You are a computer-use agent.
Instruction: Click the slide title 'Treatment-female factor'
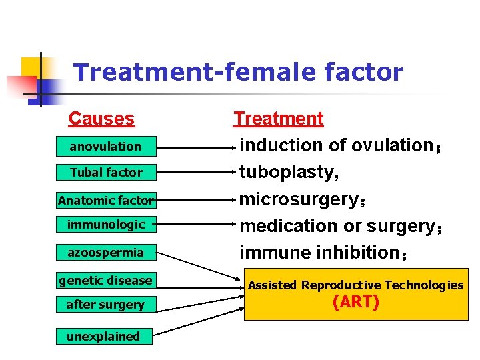[x=238, y=72]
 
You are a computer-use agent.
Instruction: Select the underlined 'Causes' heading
[x=101, y=119]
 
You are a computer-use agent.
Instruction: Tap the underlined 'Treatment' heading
[x=278, y=119]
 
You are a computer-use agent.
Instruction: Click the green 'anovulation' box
[x=106, y=146]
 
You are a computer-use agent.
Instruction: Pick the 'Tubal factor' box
[x=106, y=172]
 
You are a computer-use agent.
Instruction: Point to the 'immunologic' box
[x=106, y=225]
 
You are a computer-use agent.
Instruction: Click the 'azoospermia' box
[x=106, y=253]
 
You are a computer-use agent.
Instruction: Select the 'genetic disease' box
[x=106, y=280]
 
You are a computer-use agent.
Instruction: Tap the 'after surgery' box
[x=106, y=305]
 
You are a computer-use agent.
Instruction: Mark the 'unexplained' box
[x=103, y=336]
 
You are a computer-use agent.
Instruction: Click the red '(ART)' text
[x=356, y=303]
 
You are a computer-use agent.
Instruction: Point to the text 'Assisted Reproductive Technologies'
[x=356, y=285]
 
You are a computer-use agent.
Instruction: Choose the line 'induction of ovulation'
[x=336, y=145]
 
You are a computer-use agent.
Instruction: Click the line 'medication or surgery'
[x=337, y=226]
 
